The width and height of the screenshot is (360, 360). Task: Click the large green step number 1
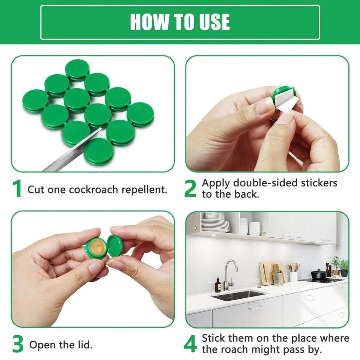point(17,189)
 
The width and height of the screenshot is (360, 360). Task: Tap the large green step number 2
point(190,189)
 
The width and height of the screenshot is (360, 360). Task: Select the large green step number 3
point(18,344)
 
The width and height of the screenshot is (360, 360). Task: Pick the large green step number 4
point(190,344)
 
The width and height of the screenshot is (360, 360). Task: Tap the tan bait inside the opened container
point(97,247)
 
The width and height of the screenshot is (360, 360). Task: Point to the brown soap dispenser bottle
point(218,286)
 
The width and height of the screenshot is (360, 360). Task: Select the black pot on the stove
point(318,274)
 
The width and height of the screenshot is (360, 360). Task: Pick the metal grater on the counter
point(278,277)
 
